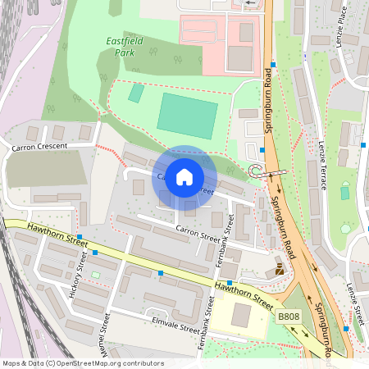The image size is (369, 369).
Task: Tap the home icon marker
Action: coord(184,176)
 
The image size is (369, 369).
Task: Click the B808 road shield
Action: coord(288,316)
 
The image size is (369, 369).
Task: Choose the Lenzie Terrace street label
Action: coord(322,165)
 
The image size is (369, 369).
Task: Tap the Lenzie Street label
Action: coord(355,301)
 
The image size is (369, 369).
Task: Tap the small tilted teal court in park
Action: coord(136,93)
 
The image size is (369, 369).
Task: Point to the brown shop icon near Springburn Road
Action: coord(280,267)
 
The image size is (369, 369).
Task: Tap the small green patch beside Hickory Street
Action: coord(95,274)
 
